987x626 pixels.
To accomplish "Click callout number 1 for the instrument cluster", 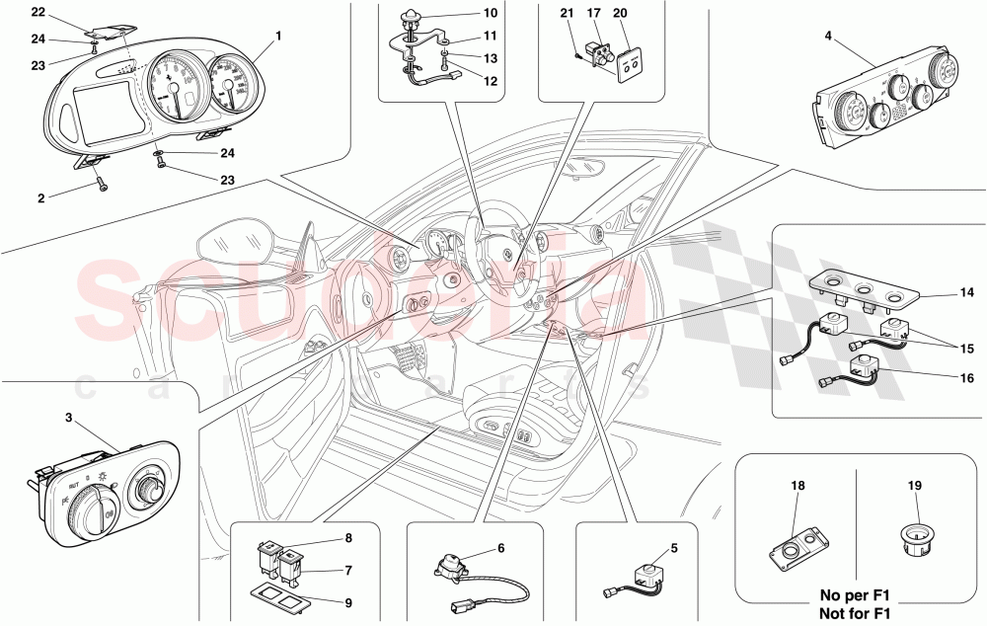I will (x=278, y=36).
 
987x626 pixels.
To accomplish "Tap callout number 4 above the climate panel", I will (x=827, y=38).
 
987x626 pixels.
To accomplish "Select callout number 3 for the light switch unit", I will (x=68, y=418).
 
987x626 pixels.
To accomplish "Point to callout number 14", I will (x=965, y=293).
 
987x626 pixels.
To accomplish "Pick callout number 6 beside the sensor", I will (x=500, y=548).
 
